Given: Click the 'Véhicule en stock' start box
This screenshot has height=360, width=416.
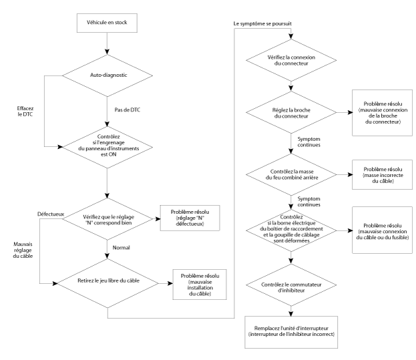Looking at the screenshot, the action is click(x=107, y=23).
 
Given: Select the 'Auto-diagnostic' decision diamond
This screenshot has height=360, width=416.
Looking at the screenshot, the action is click(x=108, y=75).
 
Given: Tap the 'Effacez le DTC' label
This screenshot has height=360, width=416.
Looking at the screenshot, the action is click(x=25, y=112).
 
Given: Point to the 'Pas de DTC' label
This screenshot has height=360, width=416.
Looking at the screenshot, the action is click(x=128, y=110).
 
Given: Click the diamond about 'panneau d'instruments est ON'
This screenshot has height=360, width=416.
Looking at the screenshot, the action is click(x=108, y=147).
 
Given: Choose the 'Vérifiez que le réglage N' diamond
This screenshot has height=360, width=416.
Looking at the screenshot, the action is click(x=108, y=219).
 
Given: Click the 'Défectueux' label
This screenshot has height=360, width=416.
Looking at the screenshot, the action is click(x=51, y=214).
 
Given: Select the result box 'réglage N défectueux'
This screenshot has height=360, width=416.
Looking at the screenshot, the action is click(x=190, y=218).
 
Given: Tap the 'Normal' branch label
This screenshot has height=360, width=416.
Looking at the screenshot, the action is click(x=122, y=248).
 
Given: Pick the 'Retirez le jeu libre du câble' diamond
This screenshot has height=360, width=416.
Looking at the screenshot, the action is click(x=108, y=283).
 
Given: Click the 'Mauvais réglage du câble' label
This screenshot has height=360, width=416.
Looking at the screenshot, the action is click(x=23, y=250).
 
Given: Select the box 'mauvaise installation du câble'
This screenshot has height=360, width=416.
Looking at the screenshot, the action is click(x=200, y=285).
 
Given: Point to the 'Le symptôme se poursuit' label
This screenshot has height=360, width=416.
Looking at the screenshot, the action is click(x=262, y=23).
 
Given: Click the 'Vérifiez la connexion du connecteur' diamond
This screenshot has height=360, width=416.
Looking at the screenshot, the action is click(x=291, y=60).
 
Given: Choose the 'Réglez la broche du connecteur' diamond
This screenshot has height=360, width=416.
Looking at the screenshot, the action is click(x=291, y=112).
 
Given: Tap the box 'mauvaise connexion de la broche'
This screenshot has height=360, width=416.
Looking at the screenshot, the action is click(x=383, y=113).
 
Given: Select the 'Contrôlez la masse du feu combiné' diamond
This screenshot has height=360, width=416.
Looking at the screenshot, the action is click(x=291, y=174).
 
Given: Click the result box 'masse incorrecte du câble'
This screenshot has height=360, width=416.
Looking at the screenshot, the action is click(x=383, y=174).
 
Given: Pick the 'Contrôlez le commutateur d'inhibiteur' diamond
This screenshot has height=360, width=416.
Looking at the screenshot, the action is click(x=291, y=285).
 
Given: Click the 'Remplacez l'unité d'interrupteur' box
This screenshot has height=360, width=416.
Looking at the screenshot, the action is click(x=291, y=332).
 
